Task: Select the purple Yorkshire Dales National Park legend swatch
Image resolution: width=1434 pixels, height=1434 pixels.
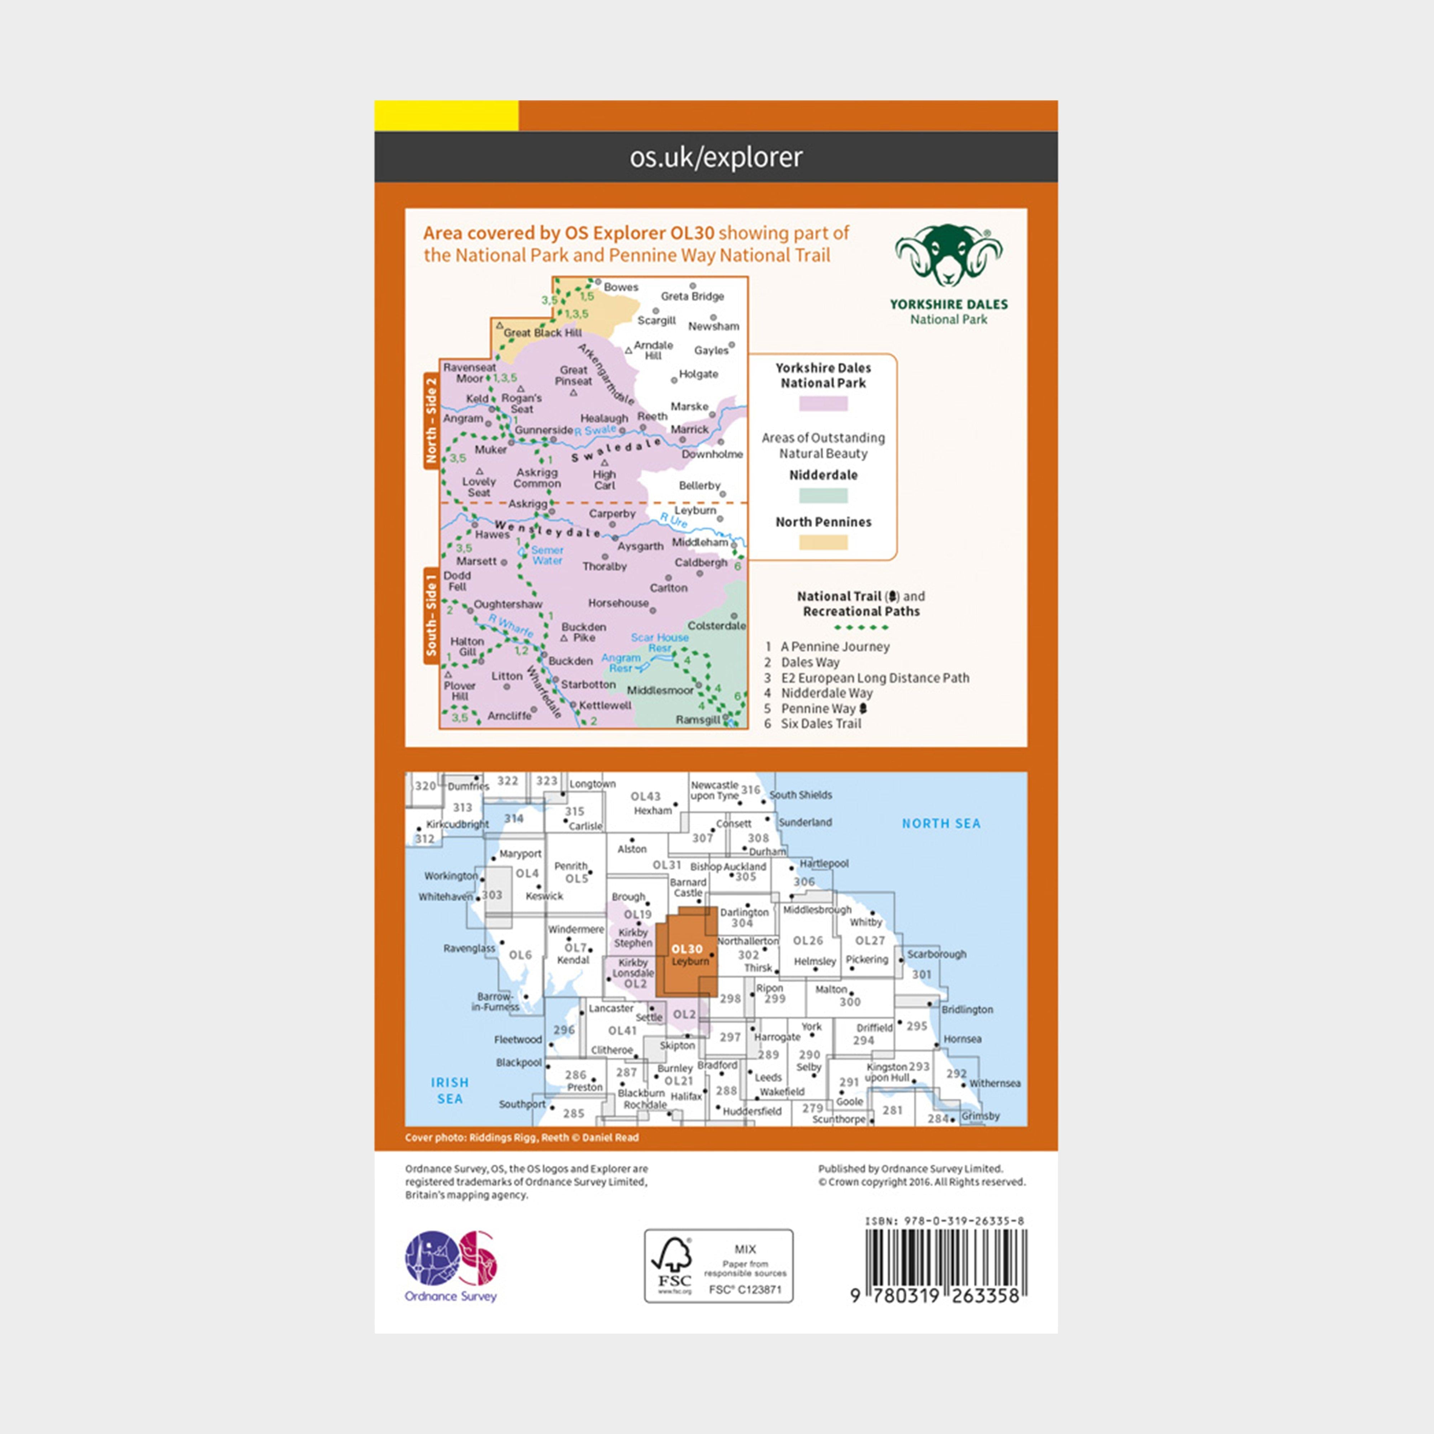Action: pos(823,404)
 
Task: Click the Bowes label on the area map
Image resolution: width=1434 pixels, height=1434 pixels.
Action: pos(621,287)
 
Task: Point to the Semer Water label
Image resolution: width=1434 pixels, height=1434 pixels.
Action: pos(547,555)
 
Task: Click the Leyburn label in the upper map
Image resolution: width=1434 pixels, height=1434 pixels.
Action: pos(695,511)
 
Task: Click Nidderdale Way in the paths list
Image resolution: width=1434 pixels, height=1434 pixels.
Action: pos(826,693)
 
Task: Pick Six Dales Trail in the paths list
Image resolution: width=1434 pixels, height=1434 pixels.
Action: pos(821,724)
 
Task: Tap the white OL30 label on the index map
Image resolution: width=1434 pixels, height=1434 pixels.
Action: pos(687,949)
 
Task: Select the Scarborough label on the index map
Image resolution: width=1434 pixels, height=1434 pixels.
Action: pos(937,954)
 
